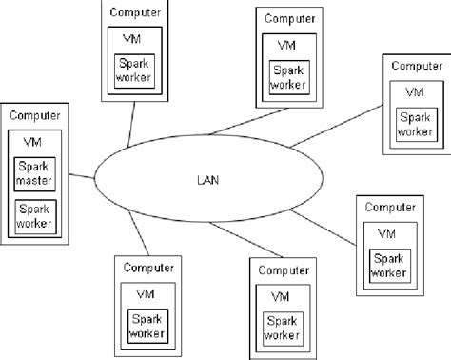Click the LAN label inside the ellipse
click(x=207, y=180)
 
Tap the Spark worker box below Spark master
click(x=35, y=216)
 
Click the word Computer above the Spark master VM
click(x=35, y=115)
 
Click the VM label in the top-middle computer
click(x=286, y=44)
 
